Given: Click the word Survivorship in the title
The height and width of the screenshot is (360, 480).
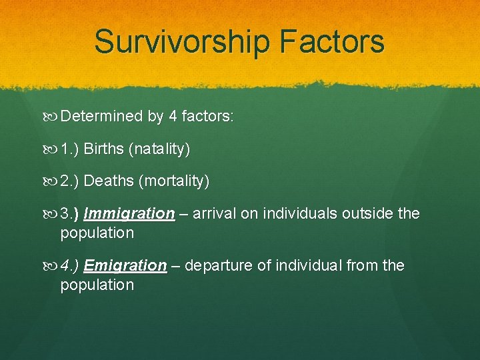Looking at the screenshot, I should pyautogui.click(x=182, y=41).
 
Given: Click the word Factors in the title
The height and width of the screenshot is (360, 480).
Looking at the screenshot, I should pyautogui.click(x=333, y=41).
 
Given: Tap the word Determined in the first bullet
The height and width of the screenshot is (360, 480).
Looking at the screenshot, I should pyautogui.click(x=101, y=117).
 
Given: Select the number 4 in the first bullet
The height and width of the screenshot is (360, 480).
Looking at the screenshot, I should pyautogui.click(x=173, y=117).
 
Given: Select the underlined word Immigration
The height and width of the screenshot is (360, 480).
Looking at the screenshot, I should pyautogui.click(x=129, y=213).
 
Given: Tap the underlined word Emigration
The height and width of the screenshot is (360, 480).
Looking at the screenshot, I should pyautogui.click(x=125, y=265).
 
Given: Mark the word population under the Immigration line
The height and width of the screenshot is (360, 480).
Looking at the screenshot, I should pyautogui.click(x=97, y=233).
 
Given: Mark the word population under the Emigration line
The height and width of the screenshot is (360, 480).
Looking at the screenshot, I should pyautogui.click(x=97, y=285).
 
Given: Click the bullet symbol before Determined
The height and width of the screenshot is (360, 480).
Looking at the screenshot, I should pyautogui.click(x=53, y=117).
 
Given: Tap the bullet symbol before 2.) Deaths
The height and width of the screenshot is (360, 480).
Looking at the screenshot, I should pyautogui.click(x=53, y=181).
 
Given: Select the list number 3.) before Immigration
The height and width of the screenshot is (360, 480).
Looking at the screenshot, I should pyautogui.click(x=70, y=213).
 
